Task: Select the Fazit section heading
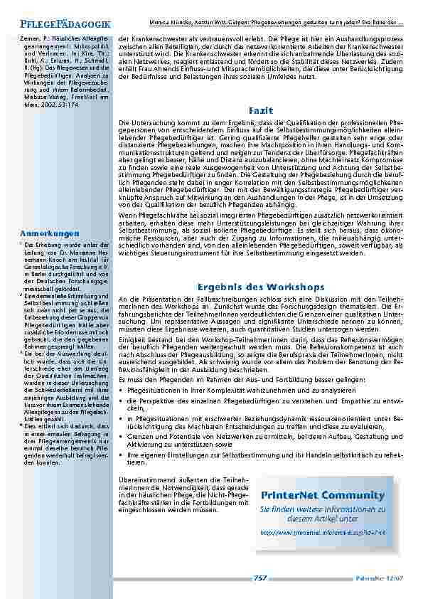pos(257,112)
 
